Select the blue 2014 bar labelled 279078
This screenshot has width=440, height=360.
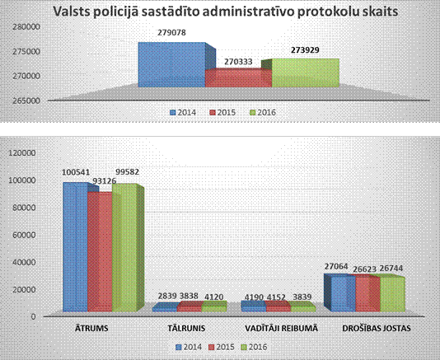[x=171, y=64]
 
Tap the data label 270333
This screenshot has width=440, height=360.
[x=238, y=62]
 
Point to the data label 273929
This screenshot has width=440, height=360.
[x=305, y=50]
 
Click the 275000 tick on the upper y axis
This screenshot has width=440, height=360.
[x=26, y=52]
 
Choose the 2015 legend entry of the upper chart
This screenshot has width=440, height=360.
[x=222, y=113]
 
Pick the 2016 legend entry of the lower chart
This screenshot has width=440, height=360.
[x=255, y=347]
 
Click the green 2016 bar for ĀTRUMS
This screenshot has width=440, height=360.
[x=125, y=248]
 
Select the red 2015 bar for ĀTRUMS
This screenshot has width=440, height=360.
[x=100, y=252]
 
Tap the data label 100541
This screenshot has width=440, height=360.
[x=76, y=172]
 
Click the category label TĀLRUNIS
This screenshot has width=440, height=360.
[x=186, y=328]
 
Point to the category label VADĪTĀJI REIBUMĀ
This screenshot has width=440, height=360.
[x=282, y=328]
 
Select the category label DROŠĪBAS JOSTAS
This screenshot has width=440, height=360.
[x=377, y=328]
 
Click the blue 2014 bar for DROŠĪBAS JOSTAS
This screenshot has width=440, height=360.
[x=339, y=292]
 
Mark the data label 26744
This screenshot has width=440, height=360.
[x=391, y=269]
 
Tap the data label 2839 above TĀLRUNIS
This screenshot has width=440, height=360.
[x=167, y=296]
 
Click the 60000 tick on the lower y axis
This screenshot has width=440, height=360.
[x=25, y=235]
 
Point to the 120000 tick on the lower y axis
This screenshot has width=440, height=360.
[x=22, y=153]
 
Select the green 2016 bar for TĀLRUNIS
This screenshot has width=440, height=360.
[x=214, y=306]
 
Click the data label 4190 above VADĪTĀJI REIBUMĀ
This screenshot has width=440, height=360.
[x=255, y=297]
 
